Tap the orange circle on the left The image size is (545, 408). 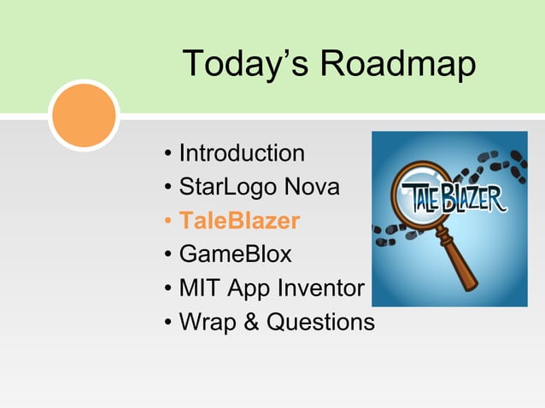pos(83,115)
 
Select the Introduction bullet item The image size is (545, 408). pos(241,154)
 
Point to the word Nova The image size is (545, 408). pos(311,187)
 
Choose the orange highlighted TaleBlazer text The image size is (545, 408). pos(239,221)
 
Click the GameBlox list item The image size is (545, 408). pos(235,254)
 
